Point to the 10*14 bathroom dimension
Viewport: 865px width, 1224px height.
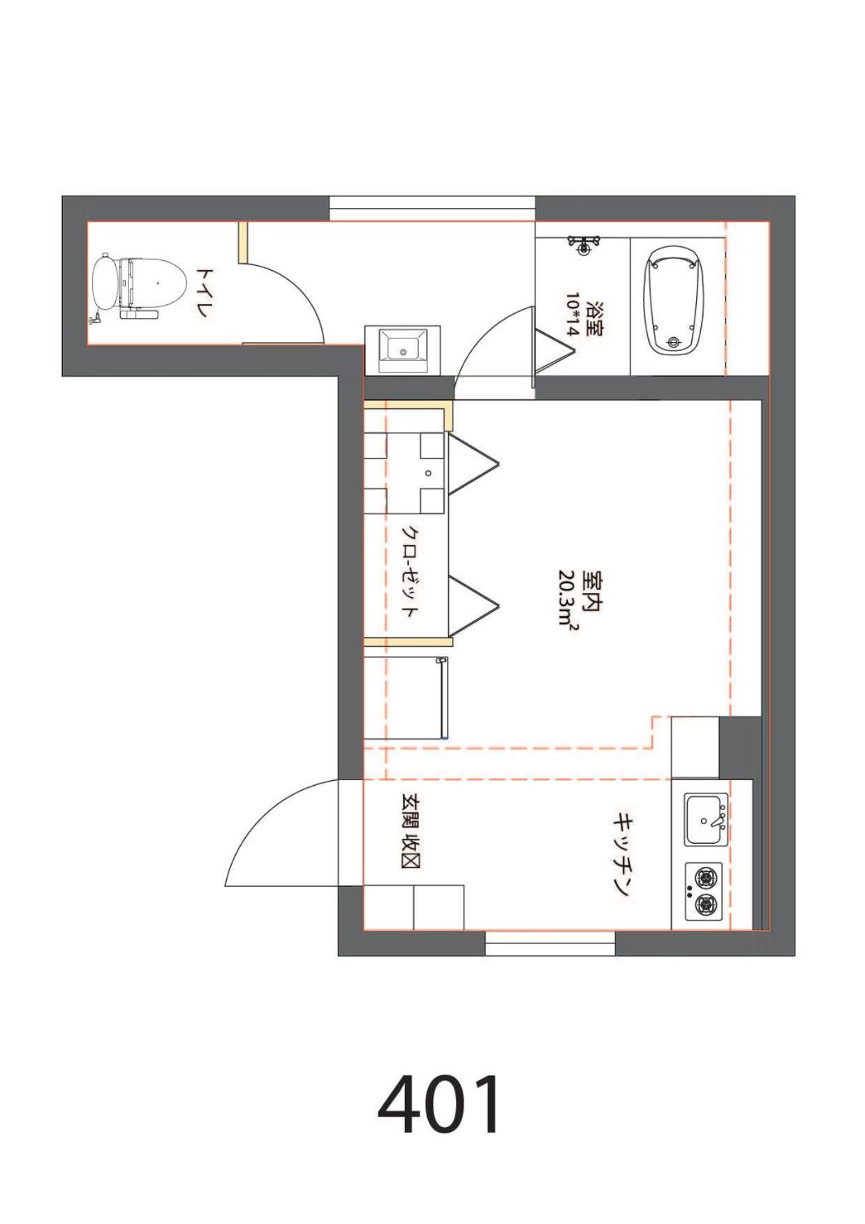572,315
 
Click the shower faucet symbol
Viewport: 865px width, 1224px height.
584,244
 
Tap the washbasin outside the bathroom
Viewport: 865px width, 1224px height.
403,350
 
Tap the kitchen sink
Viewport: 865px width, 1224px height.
706,819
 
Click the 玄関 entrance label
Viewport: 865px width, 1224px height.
409,812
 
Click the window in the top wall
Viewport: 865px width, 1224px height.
432,209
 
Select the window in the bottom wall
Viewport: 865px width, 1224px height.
550,943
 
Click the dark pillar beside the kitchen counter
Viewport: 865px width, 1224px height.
740,747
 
